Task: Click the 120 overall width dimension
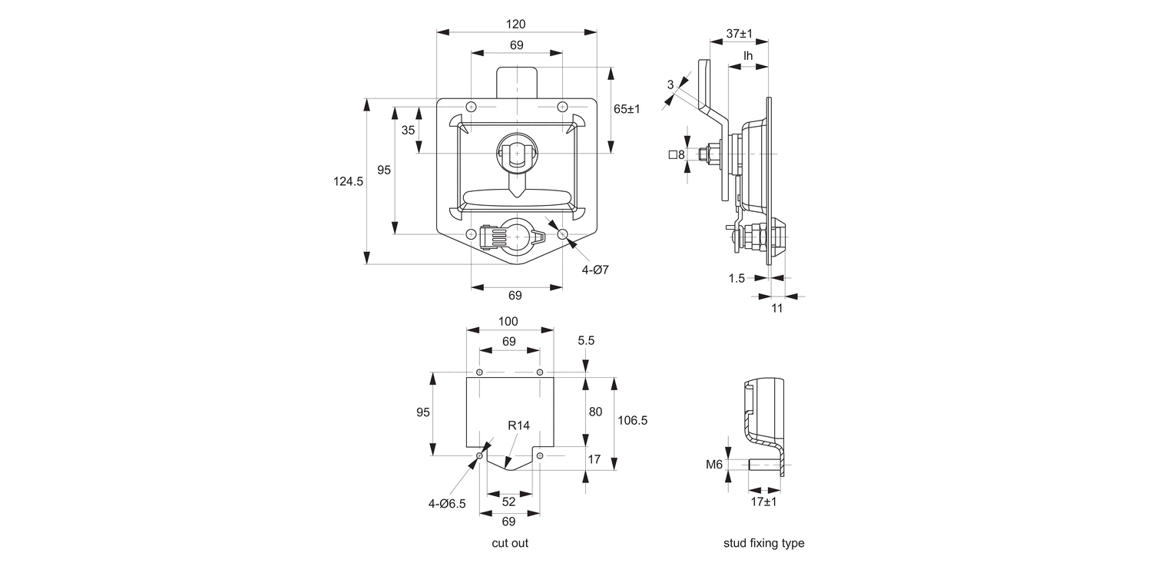515,24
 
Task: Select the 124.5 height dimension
349,181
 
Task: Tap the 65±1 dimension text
627,109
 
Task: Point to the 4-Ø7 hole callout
595,270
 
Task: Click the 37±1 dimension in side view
739,34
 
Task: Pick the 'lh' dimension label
748,55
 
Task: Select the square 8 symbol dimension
677,154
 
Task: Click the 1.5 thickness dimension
737,278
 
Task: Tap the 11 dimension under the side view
776,308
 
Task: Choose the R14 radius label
518,425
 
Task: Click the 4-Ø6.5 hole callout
447,504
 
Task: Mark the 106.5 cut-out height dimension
633,421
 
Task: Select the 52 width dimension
508,502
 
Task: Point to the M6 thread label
715,464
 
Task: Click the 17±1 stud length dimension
763,502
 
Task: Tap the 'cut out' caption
510,543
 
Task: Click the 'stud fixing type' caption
763,543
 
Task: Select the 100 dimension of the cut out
508,321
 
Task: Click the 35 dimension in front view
408,130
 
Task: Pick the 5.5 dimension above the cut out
586,340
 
